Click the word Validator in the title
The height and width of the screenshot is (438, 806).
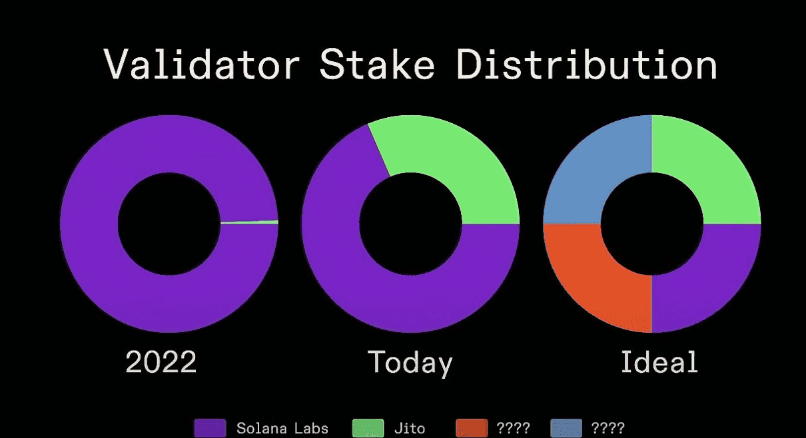point(202,64)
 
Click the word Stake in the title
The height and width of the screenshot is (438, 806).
point(378,64)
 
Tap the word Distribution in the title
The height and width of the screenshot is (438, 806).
point(587,64)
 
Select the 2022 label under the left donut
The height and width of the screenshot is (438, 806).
point(161,361)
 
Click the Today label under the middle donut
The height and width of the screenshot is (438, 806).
point(410,363)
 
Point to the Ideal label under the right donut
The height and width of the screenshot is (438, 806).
point(659,361)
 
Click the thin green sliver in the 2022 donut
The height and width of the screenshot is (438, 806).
point(249,222)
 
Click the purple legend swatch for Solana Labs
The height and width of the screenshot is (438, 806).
point(210,428)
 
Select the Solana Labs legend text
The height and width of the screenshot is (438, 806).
point(282,428)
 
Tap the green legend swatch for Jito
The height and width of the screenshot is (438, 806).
point(368,428)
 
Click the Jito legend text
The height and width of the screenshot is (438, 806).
point(410,428)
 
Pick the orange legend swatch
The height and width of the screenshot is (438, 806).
point(472,428)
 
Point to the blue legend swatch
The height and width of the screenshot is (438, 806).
point(566,428)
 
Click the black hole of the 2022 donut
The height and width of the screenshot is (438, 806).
point(169,224)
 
